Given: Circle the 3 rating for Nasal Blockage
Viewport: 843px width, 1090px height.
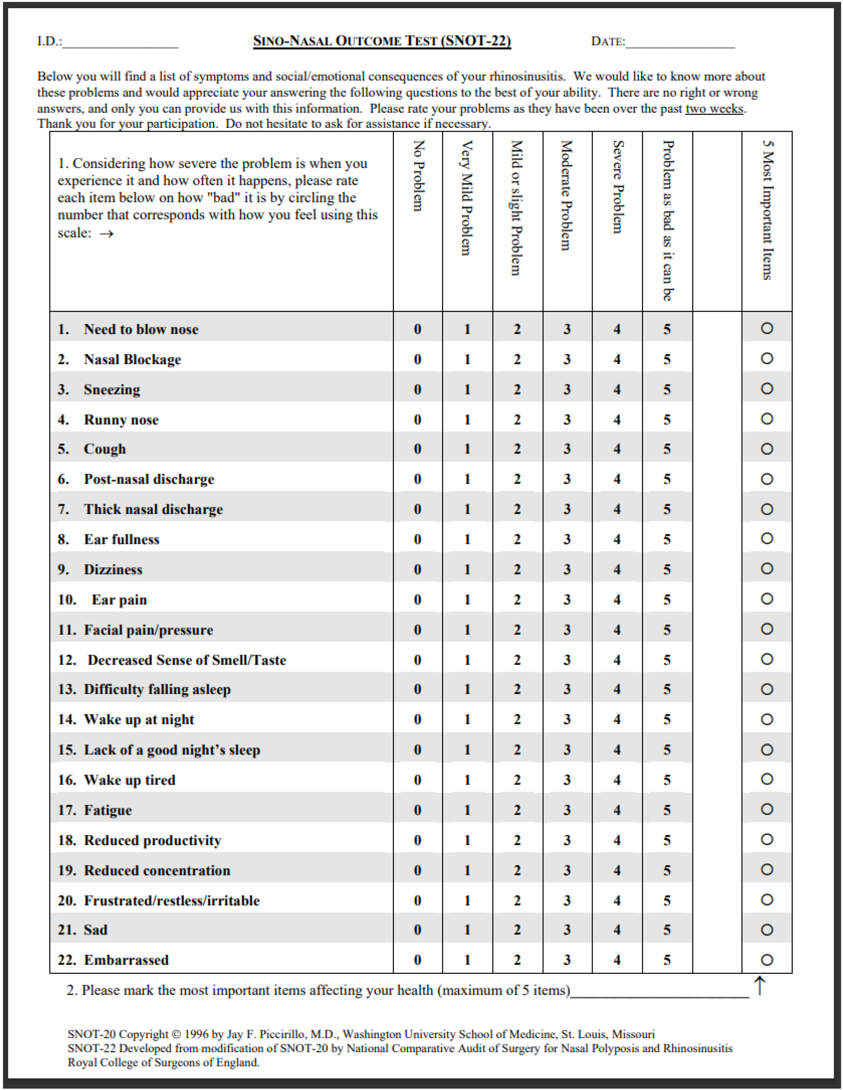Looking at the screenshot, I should (567, 359).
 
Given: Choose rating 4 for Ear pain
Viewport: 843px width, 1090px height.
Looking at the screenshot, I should (617, 599).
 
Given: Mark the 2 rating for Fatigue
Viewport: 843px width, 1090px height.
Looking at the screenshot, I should (517, 810).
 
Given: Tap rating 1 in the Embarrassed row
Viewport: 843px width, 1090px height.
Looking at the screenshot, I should (467, 960).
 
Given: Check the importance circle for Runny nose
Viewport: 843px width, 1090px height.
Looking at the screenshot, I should (767, 419).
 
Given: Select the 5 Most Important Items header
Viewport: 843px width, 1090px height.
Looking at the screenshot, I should (767, 210).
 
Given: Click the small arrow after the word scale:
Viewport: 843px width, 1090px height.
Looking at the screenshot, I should (106, 233).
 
